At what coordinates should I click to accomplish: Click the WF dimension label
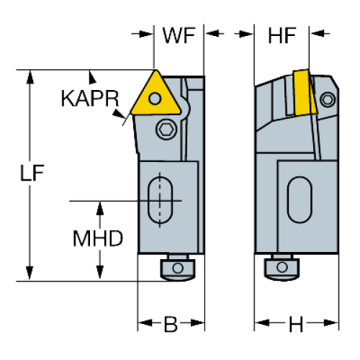coord(179,35)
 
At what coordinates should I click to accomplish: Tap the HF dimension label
coord(282,35)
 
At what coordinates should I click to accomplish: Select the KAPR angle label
coord(90,99)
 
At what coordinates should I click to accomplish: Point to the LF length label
coord(32,173)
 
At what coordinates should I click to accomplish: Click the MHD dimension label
coord(98,238)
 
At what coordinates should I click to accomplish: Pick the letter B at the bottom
coord(171,324)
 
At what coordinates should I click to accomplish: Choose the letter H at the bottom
coord(296,324)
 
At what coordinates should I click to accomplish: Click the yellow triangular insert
coord(156,96)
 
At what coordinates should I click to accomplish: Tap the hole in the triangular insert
coord(155,99)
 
